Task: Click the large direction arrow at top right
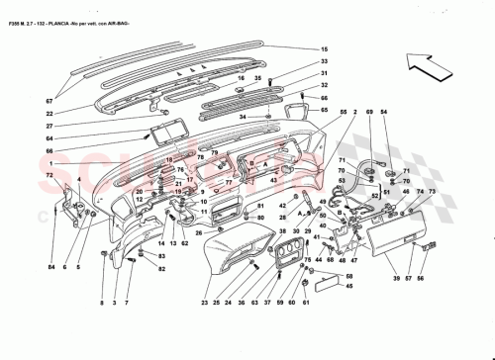(437, 69)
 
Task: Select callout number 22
(48, 114)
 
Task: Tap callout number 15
(322, 50)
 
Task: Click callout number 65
(322, 110)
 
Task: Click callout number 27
(48, 127)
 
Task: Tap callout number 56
(420, 280)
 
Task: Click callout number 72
(48, 175)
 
